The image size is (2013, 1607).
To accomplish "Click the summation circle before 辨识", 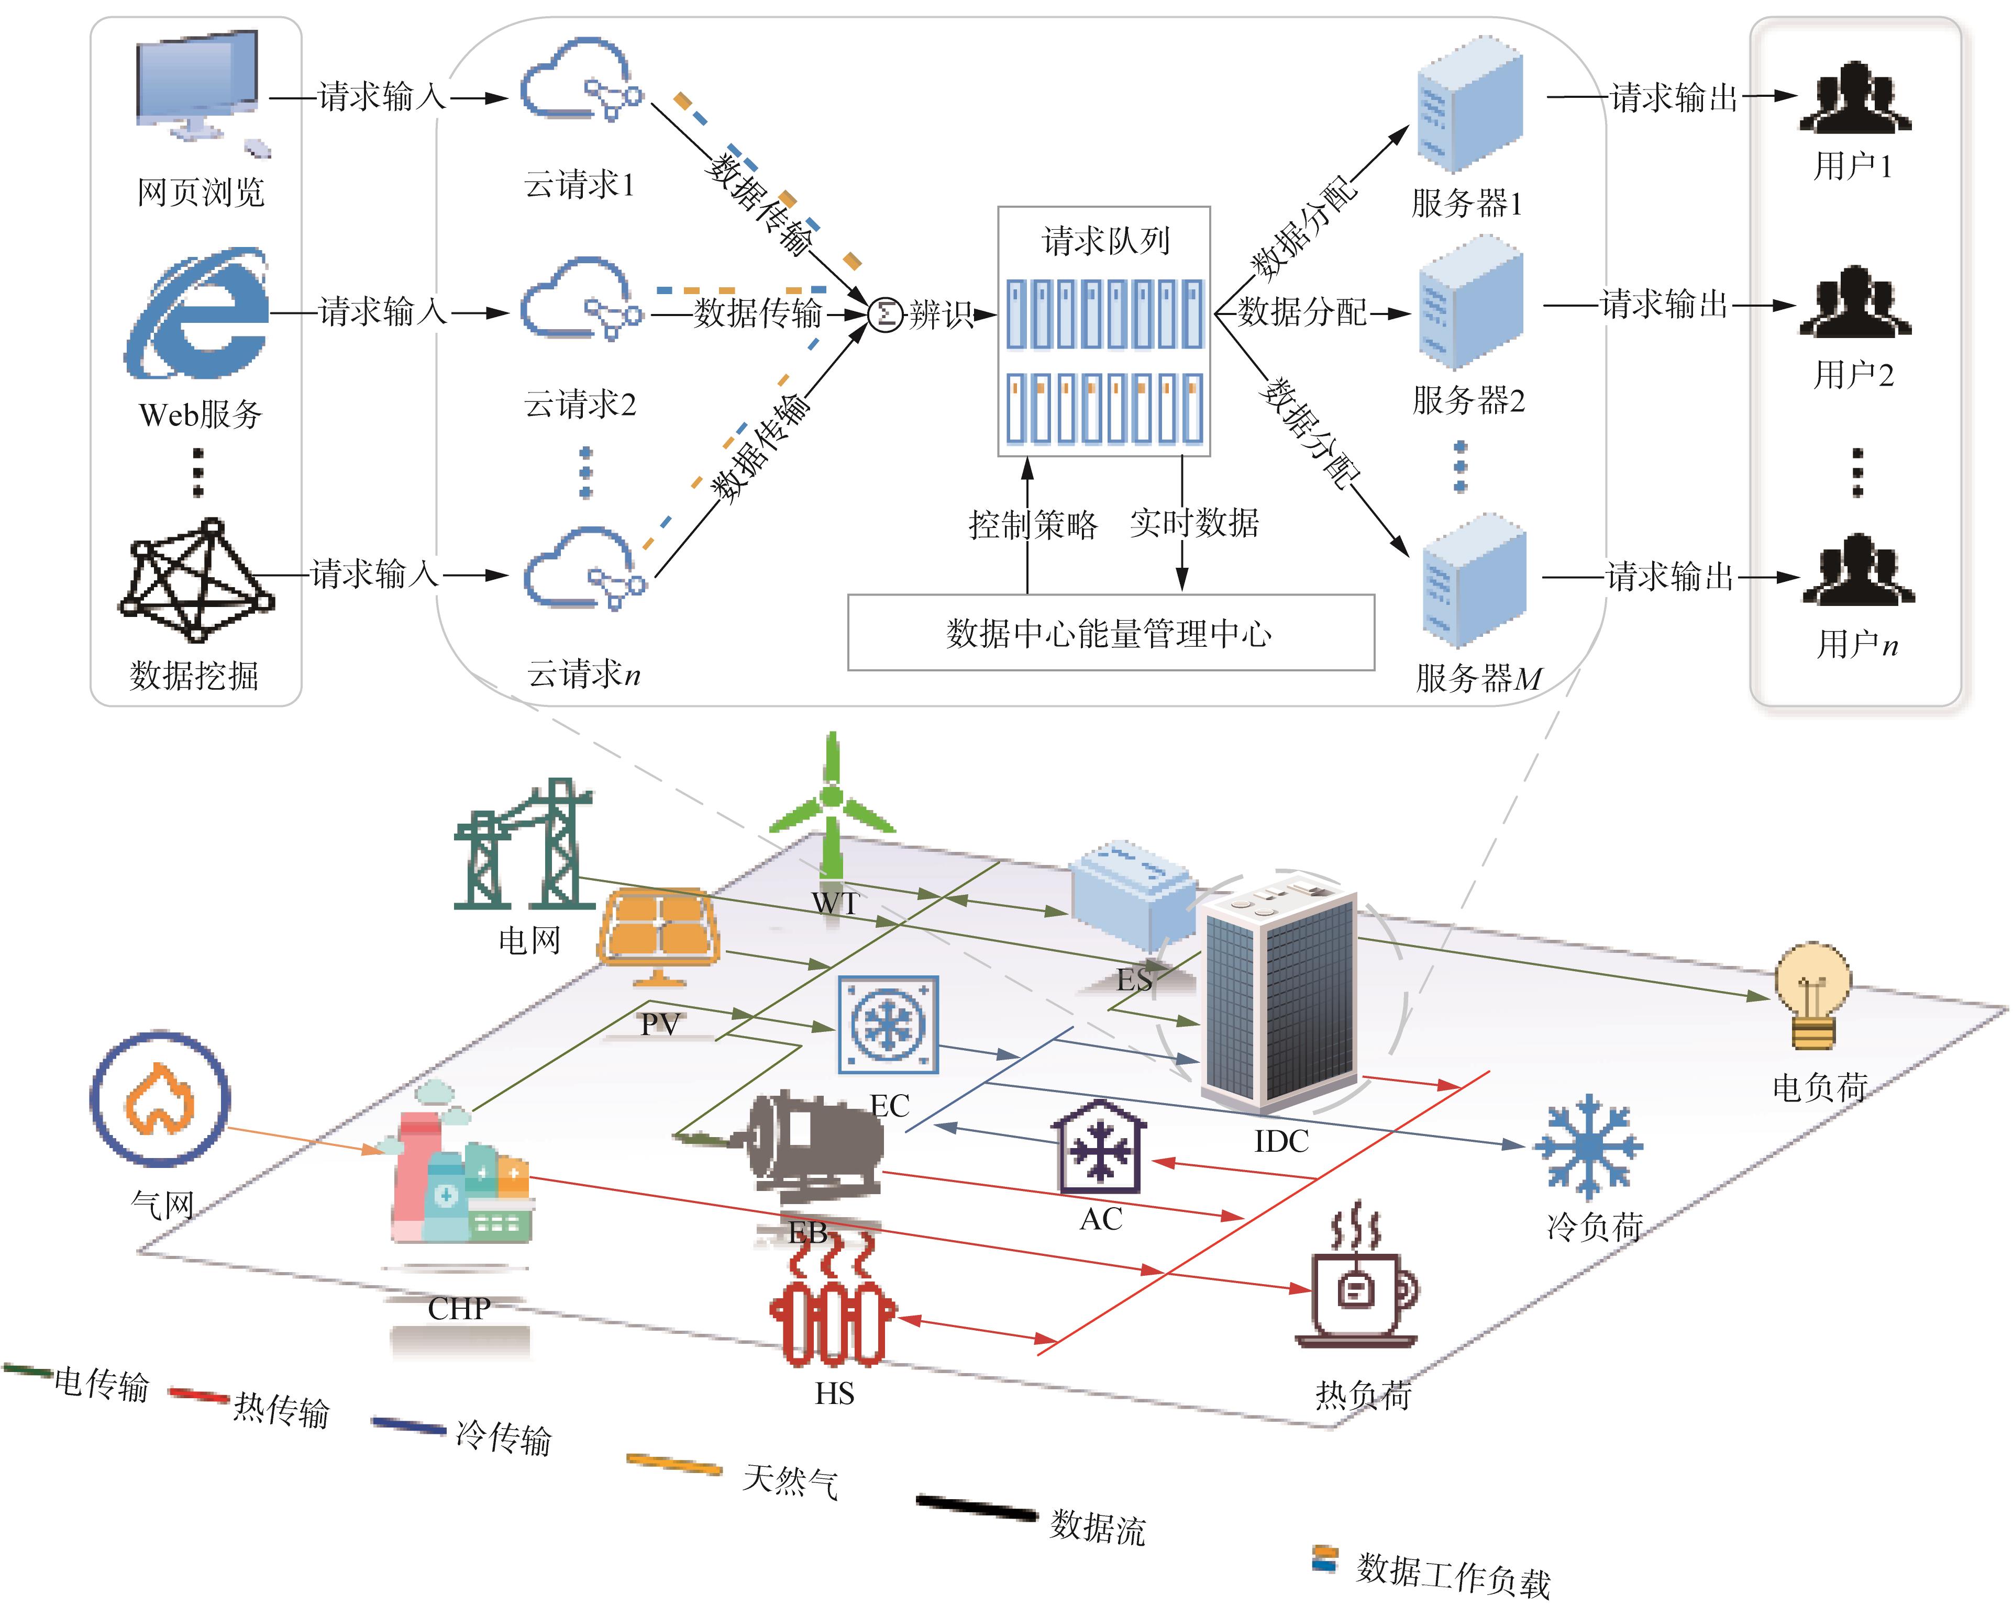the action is pos(885,314).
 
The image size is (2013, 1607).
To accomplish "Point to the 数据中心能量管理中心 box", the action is pos(1110,633).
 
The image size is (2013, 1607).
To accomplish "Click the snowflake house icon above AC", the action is pos(1100,1146).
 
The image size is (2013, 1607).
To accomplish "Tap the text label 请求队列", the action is pos(1105,241).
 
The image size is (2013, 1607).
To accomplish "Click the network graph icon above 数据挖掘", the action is pos(196,580).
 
